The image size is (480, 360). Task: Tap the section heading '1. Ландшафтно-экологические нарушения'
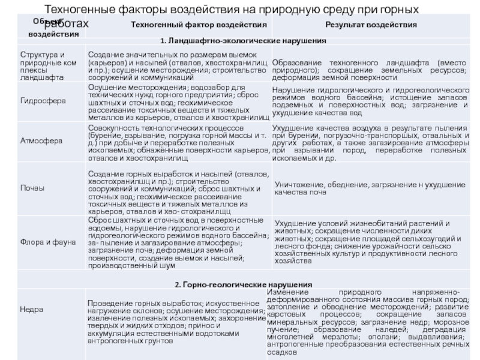[243, 41]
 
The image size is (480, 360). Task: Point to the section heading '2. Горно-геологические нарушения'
[243, 283]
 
